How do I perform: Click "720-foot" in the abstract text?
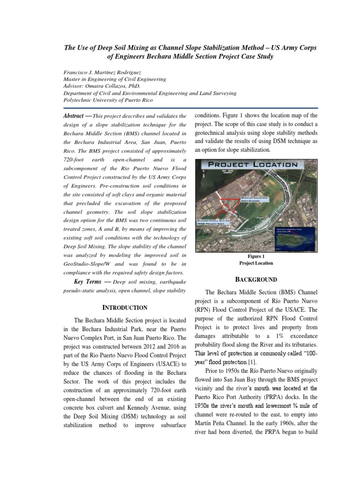tap(75, 160)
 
